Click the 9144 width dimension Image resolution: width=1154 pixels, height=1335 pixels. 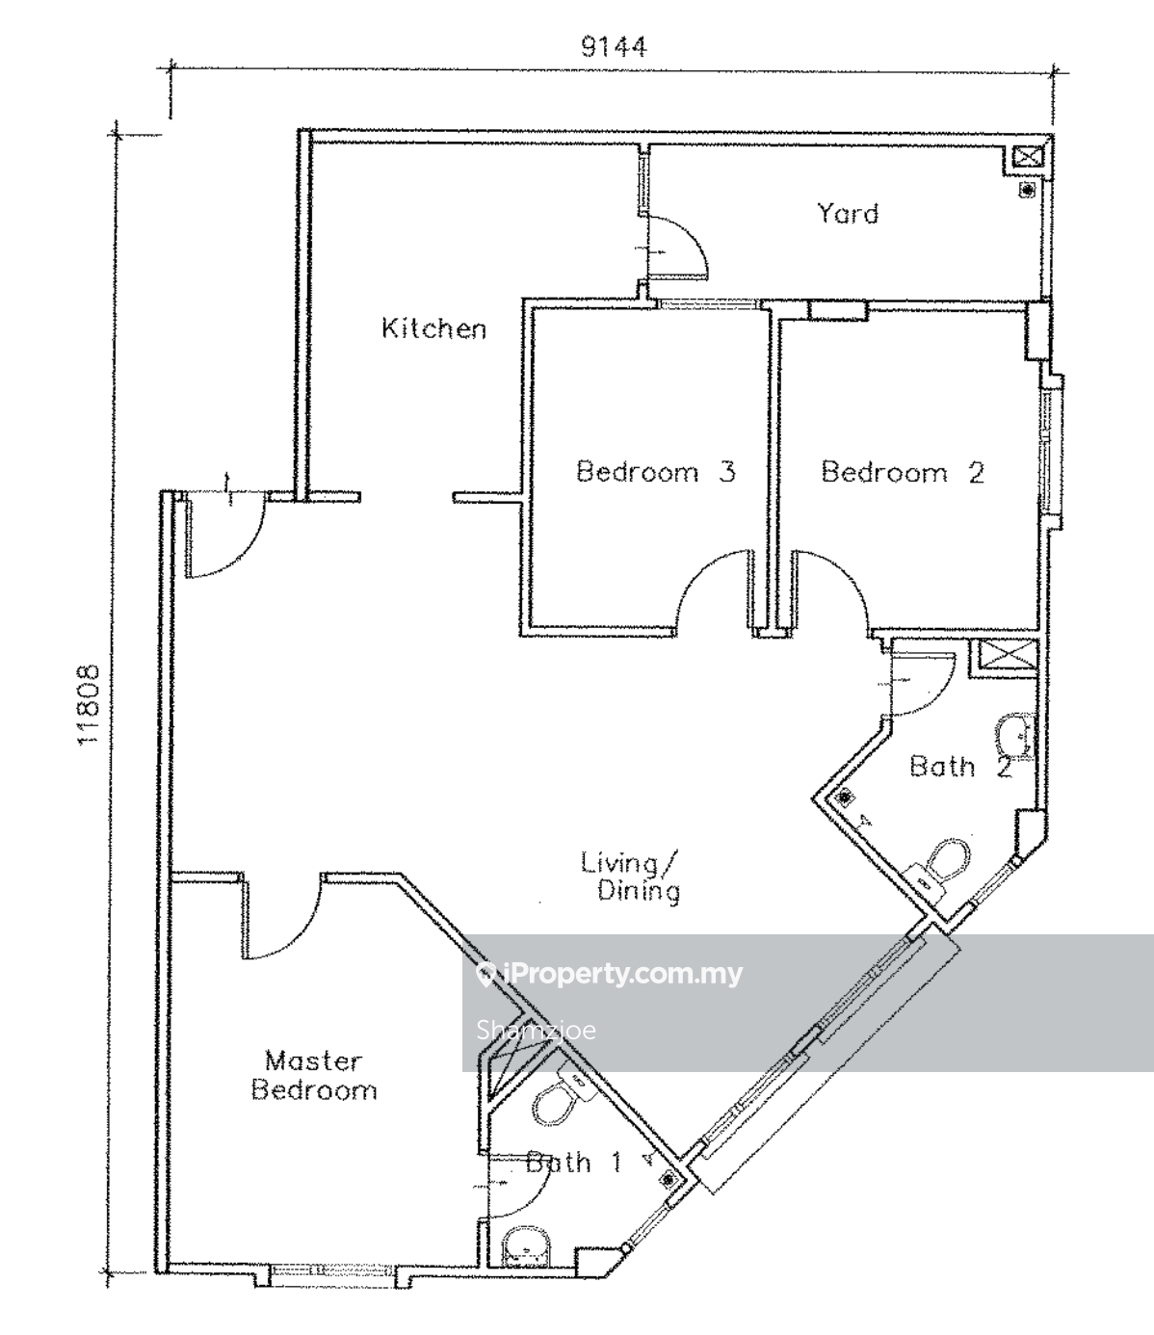coord(613,47)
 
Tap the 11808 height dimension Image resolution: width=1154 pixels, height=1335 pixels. coord(89,705)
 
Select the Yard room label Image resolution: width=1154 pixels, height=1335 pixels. coord(848,214)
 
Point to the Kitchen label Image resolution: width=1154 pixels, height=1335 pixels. coord(433,328)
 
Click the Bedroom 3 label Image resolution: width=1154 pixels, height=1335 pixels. coord(655,471)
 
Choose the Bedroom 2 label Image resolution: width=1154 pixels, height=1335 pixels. coord(903,473)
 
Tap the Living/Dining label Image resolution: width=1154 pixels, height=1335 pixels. coord(630,877)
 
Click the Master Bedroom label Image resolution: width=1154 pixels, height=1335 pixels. coord(314,1076)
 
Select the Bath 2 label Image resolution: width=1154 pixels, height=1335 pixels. coord(959,767)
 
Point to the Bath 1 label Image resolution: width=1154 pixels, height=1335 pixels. coord(573,1164)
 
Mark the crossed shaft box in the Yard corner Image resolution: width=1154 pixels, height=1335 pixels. coord(1028,157)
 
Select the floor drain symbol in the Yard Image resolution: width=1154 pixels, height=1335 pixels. coord(1027,190)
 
